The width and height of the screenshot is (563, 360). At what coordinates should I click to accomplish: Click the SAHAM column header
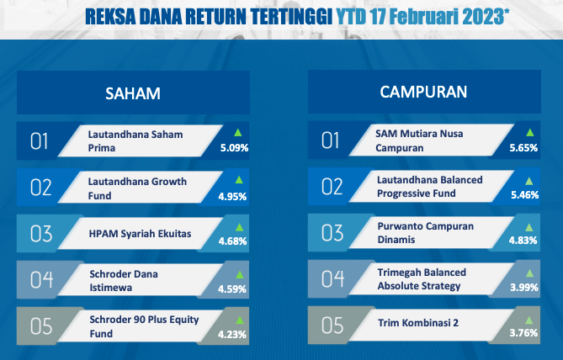click(133, 93)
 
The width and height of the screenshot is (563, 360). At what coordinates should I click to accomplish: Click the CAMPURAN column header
click(423, 92)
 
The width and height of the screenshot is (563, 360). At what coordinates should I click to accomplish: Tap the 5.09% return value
click(235, 148)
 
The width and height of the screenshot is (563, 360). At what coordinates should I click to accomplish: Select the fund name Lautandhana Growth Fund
click(137, 188)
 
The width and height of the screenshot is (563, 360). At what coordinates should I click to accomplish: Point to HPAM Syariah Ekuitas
click(140, 234)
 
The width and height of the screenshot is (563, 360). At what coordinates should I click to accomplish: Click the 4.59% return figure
click(232, 289)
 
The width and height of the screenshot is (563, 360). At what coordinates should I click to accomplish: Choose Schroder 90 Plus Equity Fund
click(144, 326)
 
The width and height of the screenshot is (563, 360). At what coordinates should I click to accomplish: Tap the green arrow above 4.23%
click(240, 320)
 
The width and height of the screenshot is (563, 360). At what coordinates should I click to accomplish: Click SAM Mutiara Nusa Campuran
click(419, 140)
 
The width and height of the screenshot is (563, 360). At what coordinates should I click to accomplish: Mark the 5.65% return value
click(523, 148)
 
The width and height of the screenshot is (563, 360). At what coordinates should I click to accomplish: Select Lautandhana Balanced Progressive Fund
click(430, 186)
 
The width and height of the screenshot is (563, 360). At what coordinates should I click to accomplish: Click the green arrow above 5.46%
click(529, 181)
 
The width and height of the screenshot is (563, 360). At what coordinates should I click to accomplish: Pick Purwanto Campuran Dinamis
click(426, 233)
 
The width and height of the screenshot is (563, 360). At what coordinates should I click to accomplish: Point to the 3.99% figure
click(524, 288)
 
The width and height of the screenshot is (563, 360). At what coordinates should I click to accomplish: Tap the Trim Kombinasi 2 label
click(418, 323)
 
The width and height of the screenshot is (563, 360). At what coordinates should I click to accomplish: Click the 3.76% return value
click(523, 333)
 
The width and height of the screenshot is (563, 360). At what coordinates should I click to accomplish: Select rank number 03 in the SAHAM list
click(41, 234)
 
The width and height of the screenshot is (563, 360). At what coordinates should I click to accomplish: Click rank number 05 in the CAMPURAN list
click(332, 326)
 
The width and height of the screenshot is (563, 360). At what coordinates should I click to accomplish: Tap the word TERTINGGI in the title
click(291, 17)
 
